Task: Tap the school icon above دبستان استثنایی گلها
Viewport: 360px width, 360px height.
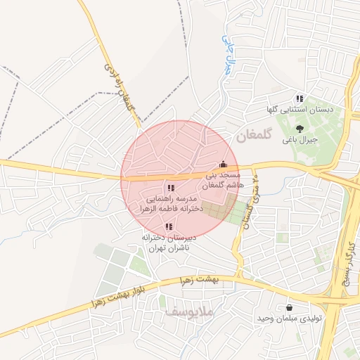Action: tap(300, 99)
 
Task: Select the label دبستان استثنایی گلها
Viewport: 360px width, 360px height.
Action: tap(298, 110)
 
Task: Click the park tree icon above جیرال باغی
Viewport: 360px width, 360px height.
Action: tap(300, 129)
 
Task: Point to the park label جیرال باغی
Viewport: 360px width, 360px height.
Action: tap(300, 140)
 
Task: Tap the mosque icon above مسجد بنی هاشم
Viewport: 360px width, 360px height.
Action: tap(224, 165)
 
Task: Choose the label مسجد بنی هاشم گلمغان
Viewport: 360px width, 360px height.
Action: tap(223, 179)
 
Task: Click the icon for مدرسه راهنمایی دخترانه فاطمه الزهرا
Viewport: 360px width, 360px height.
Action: tap(170, 188)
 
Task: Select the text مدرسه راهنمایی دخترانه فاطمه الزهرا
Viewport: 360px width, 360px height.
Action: tap(170, 204)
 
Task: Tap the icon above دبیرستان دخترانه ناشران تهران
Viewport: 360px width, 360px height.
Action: tap(168, 226)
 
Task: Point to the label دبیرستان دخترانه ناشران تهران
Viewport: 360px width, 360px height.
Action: tap(169, 243)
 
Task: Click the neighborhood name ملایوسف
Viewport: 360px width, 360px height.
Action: tap(190, 310)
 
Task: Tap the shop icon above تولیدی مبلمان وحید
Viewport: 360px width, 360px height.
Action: tap(290, 308)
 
